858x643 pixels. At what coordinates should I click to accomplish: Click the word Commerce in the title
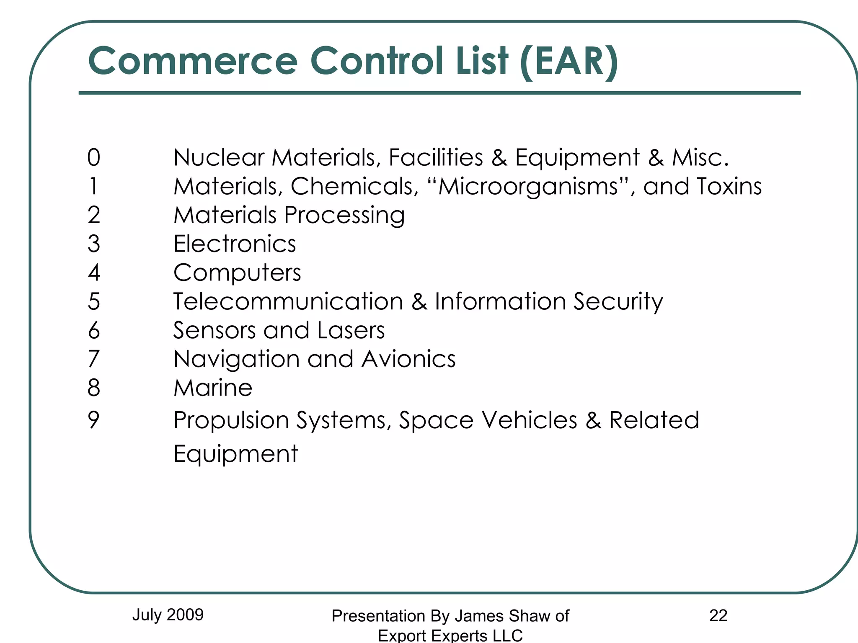pos(193,61)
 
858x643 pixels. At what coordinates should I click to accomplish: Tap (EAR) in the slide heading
pos(569,61)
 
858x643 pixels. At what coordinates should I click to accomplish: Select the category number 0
pos(94,158)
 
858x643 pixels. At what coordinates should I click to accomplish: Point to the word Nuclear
pos(219,158)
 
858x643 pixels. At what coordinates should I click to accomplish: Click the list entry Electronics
pos(235,244)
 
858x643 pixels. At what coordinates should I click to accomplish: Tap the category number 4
pos(94,273)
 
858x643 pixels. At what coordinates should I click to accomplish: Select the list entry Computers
pos(237,273)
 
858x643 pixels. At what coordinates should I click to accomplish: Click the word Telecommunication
pos(288,301)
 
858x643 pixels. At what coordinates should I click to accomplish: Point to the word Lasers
pos(351,330)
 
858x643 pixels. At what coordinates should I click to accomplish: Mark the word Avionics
pos(408,359)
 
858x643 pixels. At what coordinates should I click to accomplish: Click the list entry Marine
pos(213,388)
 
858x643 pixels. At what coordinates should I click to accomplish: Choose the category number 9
pos(94,420)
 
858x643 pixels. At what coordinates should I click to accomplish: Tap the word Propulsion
pos(231,420)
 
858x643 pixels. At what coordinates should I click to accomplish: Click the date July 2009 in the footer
pos(168,615)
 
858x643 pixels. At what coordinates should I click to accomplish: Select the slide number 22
pos(718,616)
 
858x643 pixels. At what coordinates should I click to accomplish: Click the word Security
pos(618,302)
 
